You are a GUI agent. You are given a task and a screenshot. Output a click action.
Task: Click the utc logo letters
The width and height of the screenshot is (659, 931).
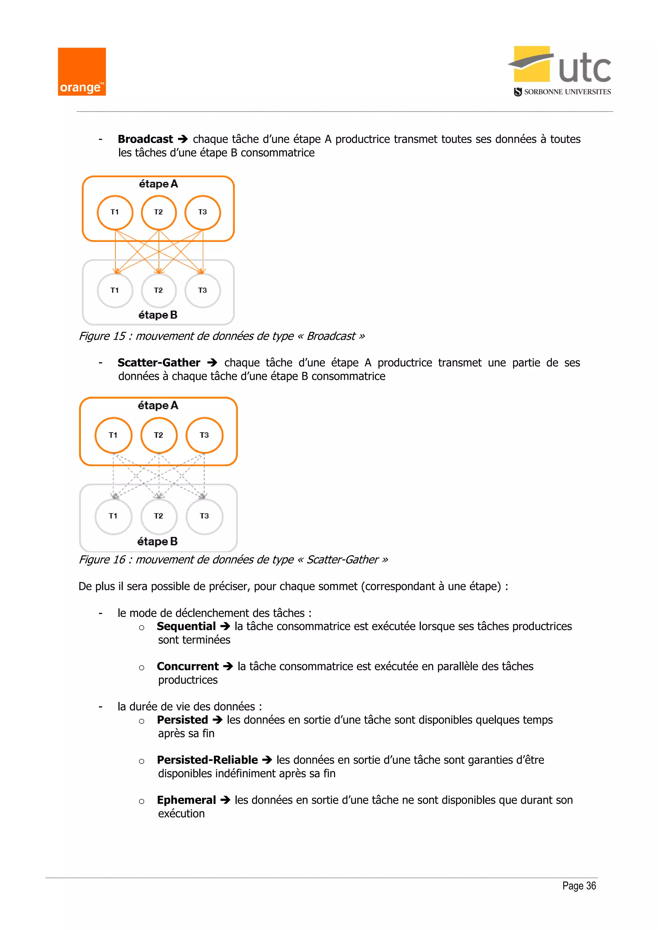click(584, 69)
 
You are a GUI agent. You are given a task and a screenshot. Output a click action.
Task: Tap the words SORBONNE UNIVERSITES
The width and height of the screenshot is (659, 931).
click(567, 92)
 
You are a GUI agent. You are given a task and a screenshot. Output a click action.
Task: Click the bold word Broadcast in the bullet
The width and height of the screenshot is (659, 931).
click(145, 139)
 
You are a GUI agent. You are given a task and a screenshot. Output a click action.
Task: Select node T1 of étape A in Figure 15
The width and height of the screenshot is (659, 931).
click(115, 212)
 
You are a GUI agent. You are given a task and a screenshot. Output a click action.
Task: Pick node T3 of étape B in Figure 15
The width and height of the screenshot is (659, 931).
click(202, 290)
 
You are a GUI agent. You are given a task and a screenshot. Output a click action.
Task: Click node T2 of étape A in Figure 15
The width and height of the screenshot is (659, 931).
click(159, 212)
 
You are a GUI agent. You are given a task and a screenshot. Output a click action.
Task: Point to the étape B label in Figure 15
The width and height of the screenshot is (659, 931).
click(158, 315)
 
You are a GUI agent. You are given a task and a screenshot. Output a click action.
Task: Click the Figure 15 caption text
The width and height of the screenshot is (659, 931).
click(222, 336)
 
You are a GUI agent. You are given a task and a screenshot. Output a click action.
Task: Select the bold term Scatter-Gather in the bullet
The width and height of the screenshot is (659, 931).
click(159, 363)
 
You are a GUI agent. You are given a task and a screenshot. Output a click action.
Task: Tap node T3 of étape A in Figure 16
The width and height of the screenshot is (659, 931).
click(204, 435)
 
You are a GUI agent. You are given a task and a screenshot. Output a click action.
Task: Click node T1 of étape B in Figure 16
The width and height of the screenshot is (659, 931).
click(113, 516)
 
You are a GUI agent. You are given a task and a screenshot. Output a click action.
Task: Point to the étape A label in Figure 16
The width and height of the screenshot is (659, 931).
click(158, 405)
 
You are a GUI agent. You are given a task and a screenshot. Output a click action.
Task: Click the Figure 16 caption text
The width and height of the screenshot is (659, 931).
click(233, 560)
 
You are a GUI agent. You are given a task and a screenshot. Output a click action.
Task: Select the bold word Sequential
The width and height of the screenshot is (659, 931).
click(186, 627)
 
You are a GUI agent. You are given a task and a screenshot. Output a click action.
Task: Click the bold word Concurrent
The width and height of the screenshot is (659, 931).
click(188, 667)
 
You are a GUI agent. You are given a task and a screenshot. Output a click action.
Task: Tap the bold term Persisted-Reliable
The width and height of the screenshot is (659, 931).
click(207, 760)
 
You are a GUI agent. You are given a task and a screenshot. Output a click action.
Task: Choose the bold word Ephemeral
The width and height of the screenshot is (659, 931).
click(186, 800)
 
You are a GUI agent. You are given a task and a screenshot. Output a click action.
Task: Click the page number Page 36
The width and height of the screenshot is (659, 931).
click(579, 886)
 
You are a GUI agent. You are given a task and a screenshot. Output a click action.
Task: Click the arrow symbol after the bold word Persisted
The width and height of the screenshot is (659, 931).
click(218, 720)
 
